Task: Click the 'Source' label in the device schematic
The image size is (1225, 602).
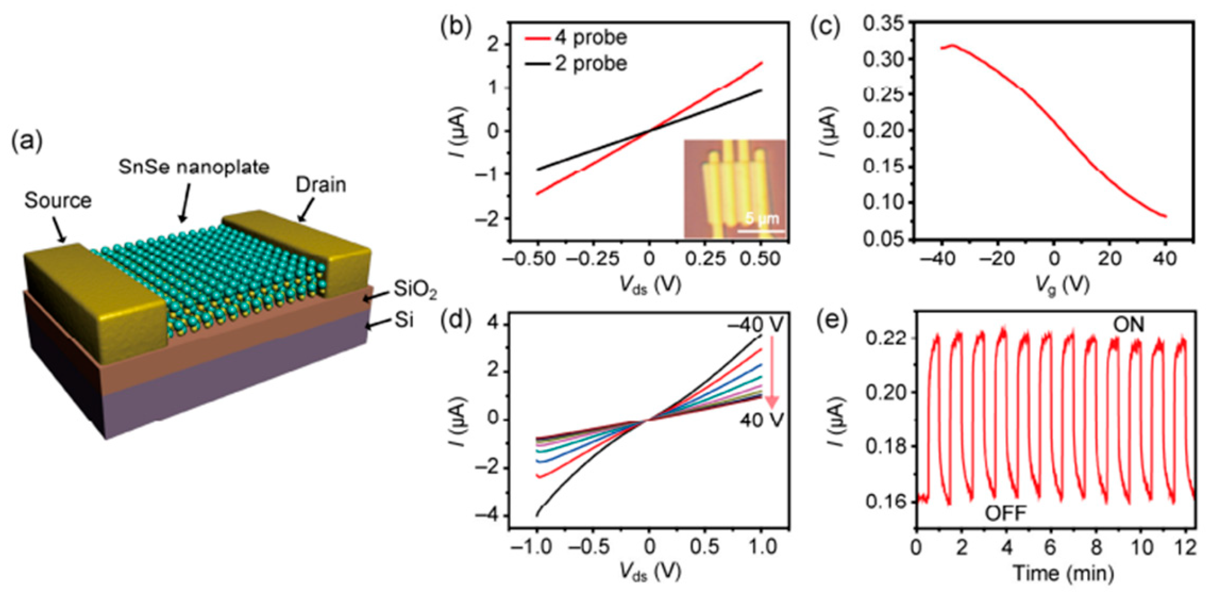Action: (58, 200)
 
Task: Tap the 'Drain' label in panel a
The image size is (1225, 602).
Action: (320, 185)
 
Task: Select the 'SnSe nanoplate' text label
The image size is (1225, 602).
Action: (194, 167)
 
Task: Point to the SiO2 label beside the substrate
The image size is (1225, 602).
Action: (415, 289)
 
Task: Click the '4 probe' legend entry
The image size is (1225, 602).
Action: (590, 37)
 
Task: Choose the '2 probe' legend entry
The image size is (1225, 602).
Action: (590, 63)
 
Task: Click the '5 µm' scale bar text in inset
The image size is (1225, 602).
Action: (761, 218)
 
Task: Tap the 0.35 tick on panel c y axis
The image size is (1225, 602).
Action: (884, 24)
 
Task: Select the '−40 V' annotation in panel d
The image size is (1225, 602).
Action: (755, 325)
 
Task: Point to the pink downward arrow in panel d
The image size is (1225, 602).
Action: (772, 373)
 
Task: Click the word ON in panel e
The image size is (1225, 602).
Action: (1128, 325)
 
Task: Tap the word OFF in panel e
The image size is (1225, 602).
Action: (1005, 513)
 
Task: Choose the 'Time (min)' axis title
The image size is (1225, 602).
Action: (1062, 573)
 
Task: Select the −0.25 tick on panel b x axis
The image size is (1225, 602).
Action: (592, 259)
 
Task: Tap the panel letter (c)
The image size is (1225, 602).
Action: (825, 27)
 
